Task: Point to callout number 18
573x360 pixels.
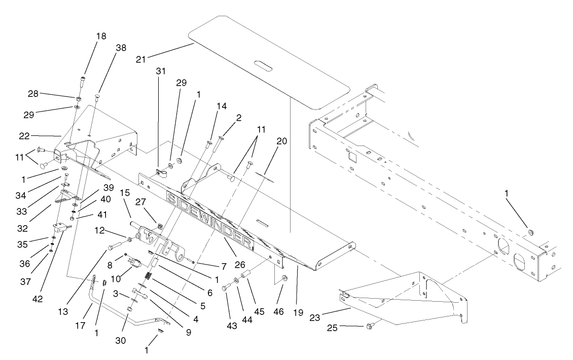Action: click(x=100, y=37)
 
